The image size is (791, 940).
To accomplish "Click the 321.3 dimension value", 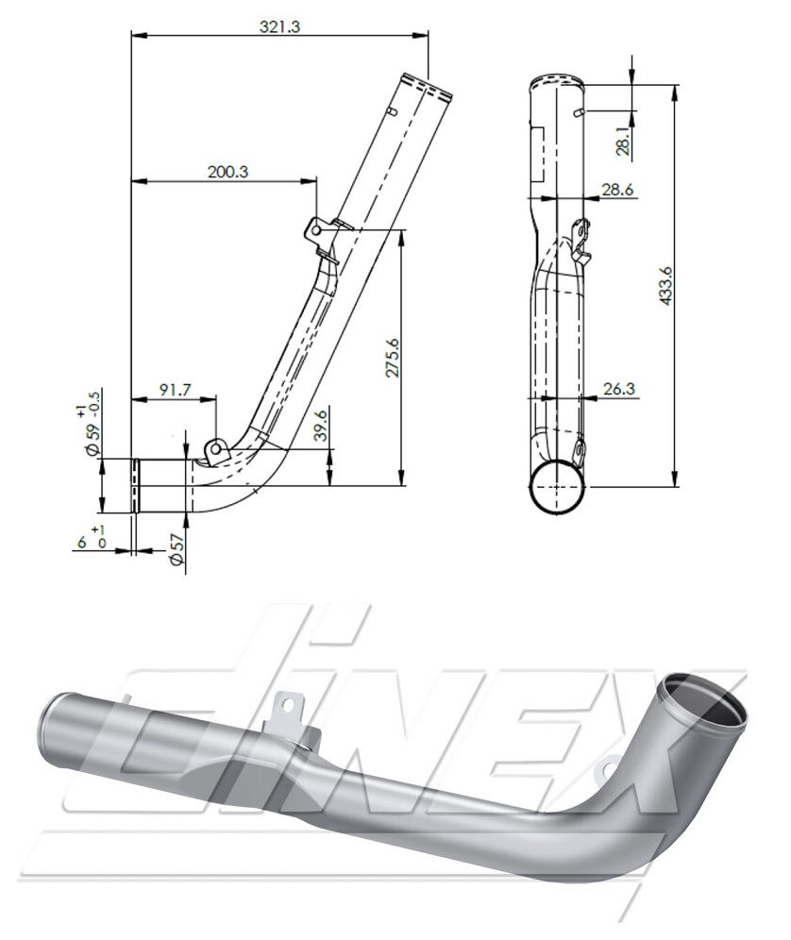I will coord(279,27).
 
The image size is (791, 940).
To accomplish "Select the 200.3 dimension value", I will coord(227,172).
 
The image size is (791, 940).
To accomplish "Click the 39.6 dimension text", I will coord(322,427).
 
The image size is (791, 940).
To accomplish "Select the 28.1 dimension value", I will coord(624,141).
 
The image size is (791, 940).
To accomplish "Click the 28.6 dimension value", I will coord(617,190).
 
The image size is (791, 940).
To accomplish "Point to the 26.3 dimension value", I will coord(617,389).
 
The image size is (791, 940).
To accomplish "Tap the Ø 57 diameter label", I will coord(176,549).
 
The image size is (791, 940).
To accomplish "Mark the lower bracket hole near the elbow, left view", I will coord(215,449).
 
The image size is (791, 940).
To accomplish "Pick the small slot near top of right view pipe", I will coord(577,113).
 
